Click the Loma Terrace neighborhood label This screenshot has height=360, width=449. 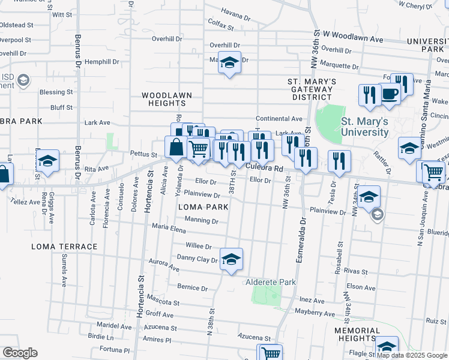coord(64,247)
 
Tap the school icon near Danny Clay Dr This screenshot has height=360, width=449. coord(231,259)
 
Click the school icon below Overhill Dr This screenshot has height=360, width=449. coord(229,62)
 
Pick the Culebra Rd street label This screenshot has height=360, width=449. coord(264,169)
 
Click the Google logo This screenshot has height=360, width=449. coord(20,353)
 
